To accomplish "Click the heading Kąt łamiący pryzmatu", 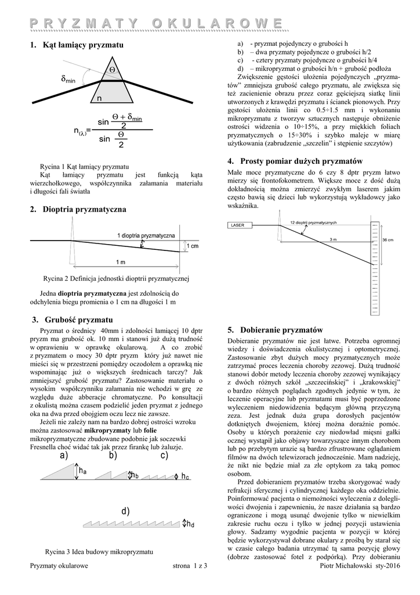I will pos(84,45).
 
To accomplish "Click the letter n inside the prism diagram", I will pos(99,98).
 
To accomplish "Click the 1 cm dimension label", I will pos(193,247).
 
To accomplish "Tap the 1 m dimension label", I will pos(121,261).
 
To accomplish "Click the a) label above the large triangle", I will pos(63,456).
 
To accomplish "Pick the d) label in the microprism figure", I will pos(125,511).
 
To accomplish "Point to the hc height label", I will pos(185,477).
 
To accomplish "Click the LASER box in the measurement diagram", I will pos(238,224).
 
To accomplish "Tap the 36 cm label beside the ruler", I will pos(388,240).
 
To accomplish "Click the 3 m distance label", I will pos(333,239).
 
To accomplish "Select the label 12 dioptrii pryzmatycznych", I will pos(313,223).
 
